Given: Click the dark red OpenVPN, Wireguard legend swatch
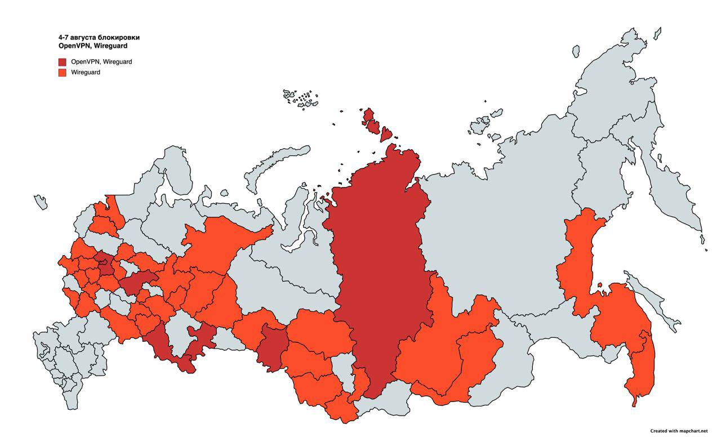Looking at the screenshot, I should [x=62, y=61].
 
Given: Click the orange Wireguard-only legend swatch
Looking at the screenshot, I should [x=62, y=72].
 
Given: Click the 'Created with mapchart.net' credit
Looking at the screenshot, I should [x=678, y=430].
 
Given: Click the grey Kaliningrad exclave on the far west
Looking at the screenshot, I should [x=41, y=201].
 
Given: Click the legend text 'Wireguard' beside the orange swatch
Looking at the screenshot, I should [x=86, y=72].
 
